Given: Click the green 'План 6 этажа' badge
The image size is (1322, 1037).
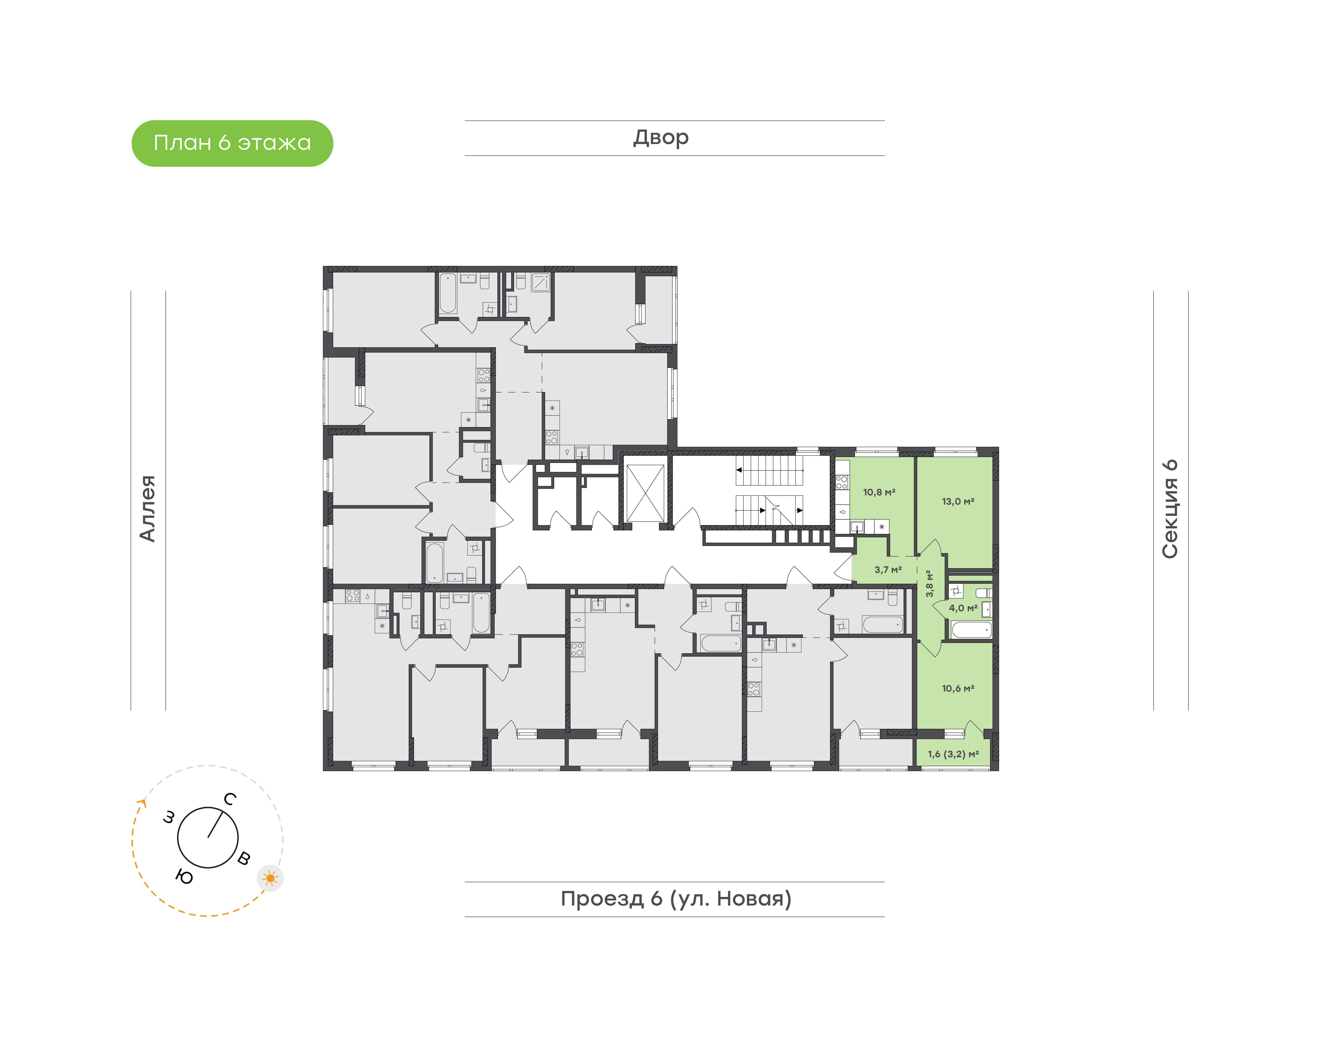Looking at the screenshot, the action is tap(232, 143).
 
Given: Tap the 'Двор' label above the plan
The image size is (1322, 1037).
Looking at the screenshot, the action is tap(661, 138).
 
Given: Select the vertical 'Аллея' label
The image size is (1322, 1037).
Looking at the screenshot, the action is tap(148, 508).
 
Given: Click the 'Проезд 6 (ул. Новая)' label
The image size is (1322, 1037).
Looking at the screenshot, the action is tap(676, 899).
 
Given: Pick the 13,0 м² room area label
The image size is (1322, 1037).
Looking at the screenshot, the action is tap(958, 502).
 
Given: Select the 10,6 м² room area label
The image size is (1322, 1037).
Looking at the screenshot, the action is tap(958, 689).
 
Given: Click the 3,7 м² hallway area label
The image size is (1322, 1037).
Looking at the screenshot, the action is tap(888, 570).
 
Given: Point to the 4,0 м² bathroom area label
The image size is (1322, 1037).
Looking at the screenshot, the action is tap(963, 608).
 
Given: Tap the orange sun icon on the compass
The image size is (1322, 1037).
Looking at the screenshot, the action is tap(270, 878).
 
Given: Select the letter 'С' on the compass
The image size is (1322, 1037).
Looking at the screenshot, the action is tap(230, 799).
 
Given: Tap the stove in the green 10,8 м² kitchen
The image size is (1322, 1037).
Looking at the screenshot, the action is tap(842, 482).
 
